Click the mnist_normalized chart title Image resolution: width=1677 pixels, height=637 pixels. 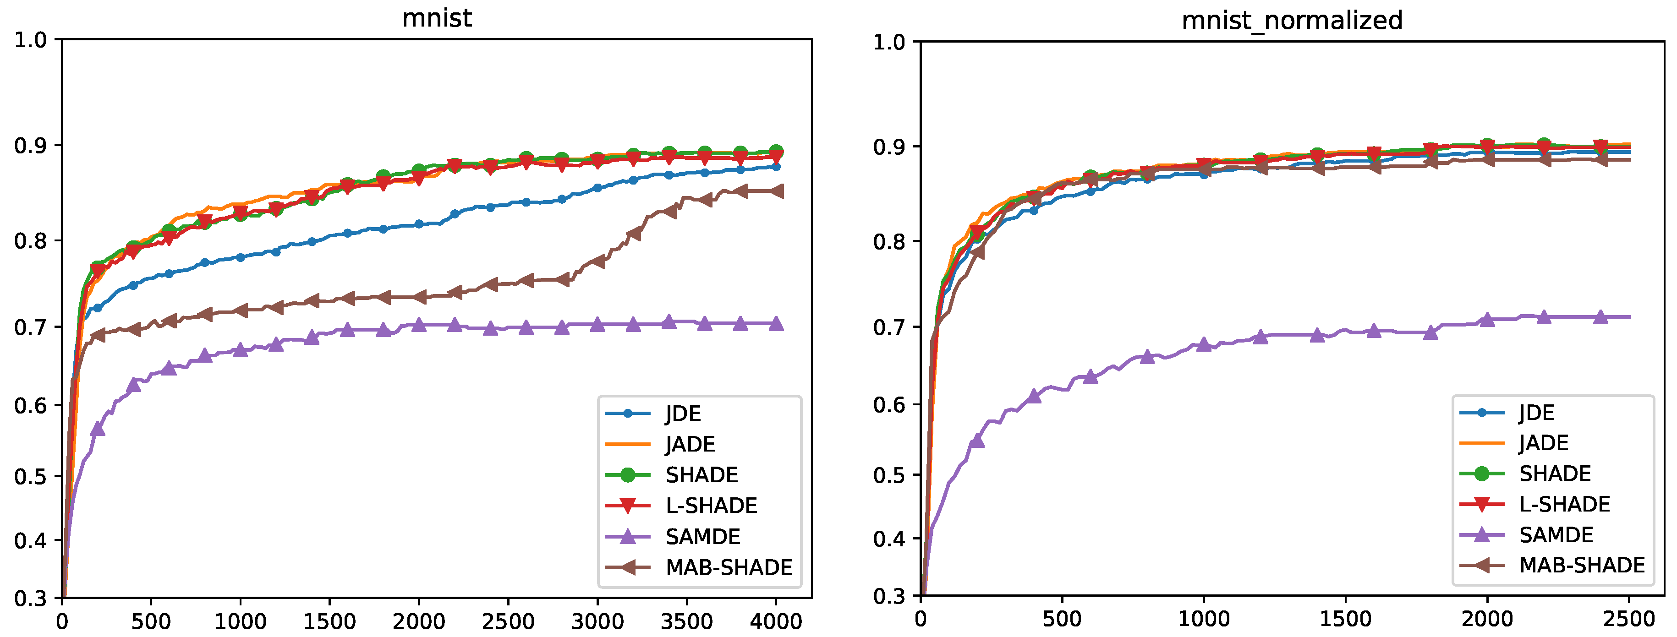[x=1292, y=20]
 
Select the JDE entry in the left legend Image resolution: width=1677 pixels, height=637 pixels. [x=682, y=413]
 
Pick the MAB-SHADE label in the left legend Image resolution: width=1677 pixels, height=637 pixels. [x=729, y=567]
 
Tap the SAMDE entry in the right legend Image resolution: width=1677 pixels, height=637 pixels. [x=1556, y=535]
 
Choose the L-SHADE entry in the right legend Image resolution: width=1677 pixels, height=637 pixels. [x=1564, y=504]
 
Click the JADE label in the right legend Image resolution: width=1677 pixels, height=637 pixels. [x=1544, y=443]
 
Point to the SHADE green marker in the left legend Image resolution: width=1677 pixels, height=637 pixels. [x=628, y=475]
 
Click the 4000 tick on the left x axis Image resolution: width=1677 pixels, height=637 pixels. [x=775, y=621]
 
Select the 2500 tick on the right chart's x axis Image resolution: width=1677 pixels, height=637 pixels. [x=1629, y=619]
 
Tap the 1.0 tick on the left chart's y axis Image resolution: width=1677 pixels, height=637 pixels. [x=31, y=40]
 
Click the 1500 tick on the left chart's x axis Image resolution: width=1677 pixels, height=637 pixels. [x=329, y=621]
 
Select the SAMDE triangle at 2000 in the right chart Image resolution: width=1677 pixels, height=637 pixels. [x=1487, y=319]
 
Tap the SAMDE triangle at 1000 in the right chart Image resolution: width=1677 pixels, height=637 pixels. [x=1204, y=343]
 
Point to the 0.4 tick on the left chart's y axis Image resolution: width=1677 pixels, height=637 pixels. [x=31, y=540]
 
